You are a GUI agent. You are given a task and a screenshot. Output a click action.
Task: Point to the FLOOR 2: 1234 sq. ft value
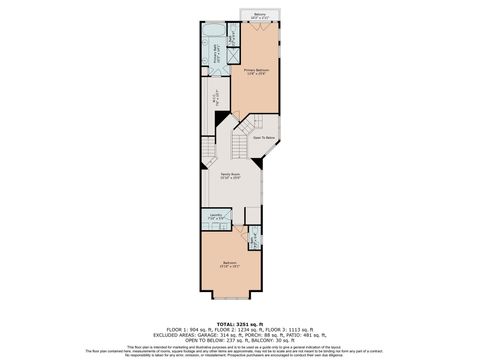(x=240, y=329)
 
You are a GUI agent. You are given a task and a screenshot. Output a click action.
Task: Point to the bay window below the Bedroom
(x=232, y=298)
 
